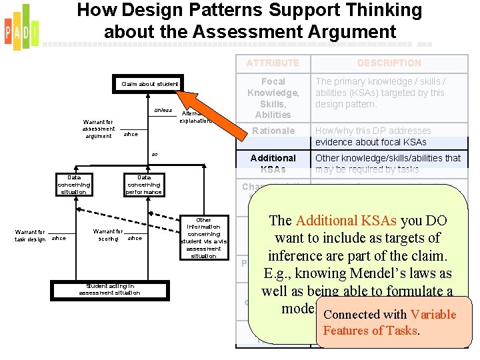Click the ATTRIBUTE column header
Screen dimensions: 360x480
273,63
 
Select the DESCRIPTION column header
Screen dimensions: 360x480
389,63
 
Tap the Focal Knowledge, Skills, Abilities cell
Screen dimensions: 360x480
273,98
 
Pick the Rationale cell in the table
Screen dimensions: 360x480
273,131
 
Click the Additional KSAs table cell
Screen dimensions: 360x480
273,163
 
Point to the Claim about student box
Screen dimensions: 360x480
149,84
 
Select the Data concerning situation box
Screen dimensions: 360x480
73,185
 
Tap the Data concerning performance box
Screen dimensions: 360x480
143,185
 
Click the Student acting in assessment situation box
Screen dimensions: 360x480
109,289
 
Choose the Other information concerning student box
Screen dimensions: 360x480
203,238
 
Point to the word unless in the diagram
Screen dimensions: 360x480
163,110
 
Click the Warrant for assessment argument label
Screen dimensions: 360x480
99,129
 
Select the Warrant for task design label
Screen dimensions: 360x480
29,235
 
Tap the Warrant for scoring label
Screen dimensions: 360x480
108,235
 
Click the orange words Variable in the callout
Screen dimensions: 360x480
433,315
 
